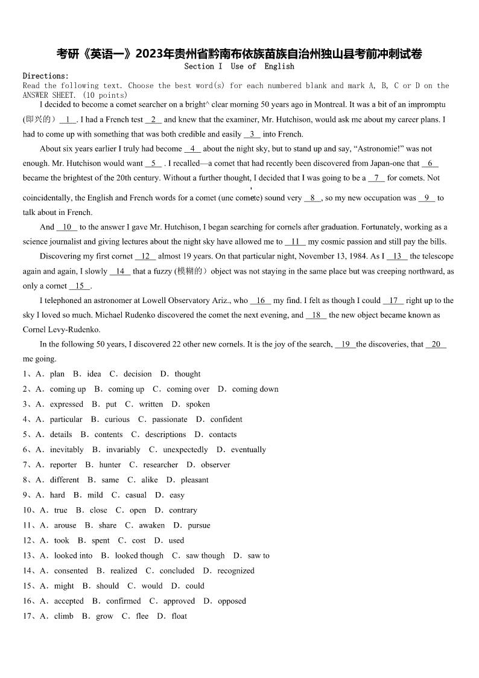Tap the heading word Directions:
tap(46, 76)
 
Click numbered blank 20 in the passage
tap(436, 344)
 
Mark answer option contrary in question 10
tap(183, 510)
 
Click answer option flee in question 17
tap(142, 616)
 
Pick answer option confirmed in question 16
tap(123, 601)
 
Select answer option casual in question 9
tap(136, 495)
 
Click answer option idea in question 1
tap(94, 374)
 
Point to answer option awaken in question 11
tap(151, 525)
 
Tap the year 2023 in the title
tap(153, 54)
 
